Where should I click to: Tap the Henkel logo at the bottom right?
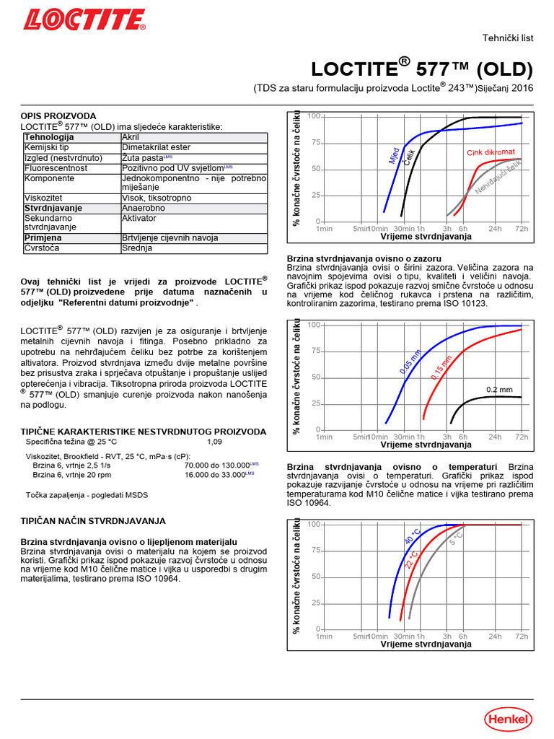[508, 718]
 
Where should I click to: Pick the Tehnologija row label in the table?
[49, 136]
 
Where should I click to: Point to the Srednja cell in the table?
[137, 248]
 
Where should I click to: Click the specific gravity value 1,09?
[215, 441]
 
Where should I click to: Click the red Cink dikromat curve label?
[491, 152]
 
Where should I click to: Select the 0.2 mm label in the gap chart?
[499, 389]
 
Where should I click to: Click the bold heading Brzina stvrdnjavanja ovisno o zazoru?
[364, 258]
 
